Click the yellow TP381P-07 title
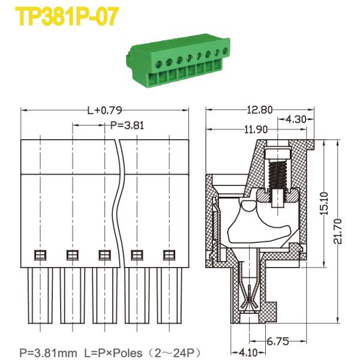click(x=67, y=16)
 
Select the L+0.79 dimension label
click(x=104, y=110)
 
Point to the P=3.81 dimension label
click(x=127, y=125)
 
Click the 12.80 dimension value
click(x=259, y=110)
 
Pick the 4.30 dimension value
click(x=296, y=119)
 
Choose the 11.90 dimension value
click(x=256, y=130)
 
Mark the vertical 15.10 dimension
click(x=324, y=203)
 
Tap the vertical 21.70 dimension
click(x=338, y=231)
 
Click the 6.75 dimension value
click(x=278, y=341)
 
